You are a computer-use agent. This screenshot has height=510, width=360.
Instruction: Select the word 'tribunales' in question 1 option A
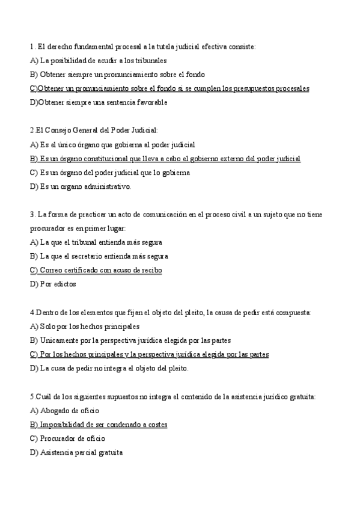[151, 60]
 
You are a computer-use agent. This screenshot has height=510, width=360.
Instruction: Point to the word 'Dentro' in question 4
[46, 312]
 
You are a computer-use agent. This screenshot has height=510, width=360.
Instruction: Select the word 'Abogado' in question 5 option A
[53, 410]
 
